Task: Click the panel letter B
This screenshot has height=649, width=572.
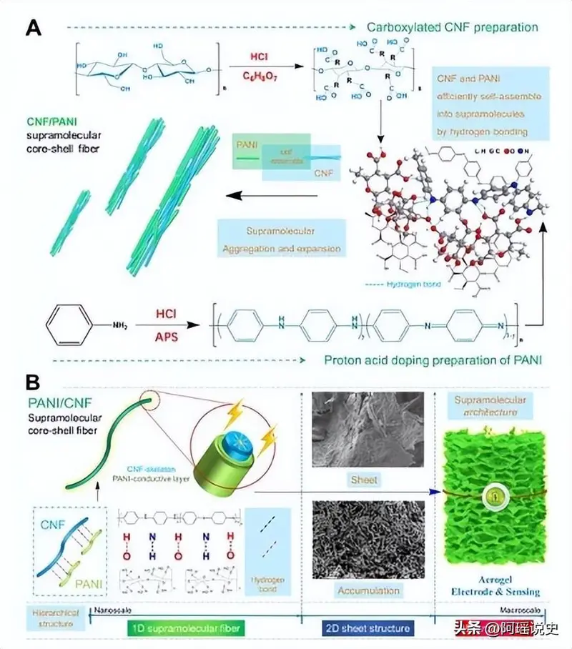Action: (x=33, y=383)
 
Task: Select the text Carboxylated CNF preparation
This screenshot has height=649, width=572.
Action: (x=452, y=28)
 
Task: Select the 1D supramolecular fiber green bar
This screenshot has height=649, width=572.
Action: (x=187, y=628)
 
